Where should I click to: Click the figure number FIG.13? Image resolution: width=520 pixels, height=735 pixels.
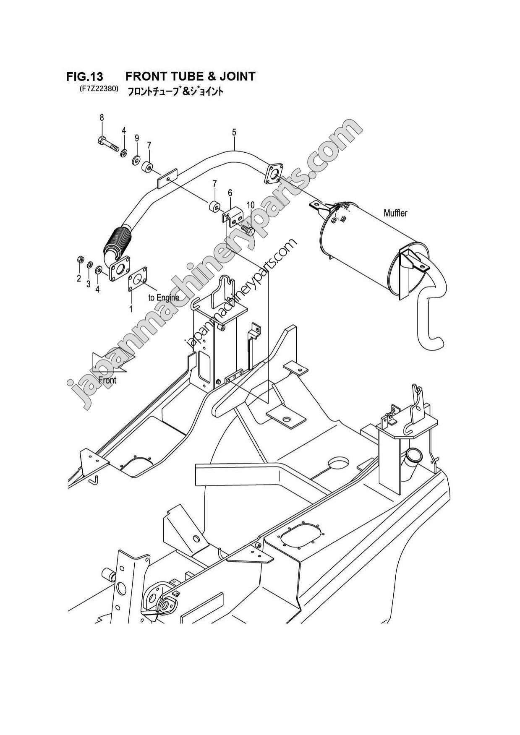pos(84,76)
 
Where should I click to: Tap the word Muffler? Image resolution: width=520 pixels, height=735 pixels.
pos(395,213)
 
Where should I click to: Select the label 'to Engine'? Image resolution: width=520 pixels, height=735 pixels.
pos(164,297)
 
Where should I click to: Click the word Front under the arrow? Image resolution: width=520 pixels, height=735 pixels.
pos(107,380)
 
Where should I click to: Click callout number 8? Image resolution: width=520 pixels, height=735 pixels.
pos(102,118)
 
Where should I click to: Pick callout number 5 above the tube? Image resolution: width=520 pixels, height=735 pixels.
pos(234,132)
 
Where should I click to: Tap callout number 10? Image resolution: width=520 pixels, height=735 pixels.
pos(251,205)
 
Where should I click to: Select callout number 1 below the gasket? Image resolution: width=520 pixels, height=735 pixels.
pos(131,309)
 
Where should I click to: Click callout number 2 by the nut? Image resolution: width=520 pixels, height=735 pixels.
pos(78,279)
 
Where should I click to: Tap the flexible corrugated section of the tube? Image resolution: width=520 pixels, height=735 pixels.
pos(117,243)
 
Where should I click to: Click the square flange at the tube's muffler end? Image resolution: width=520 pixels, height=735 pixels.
pos(273,174)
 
